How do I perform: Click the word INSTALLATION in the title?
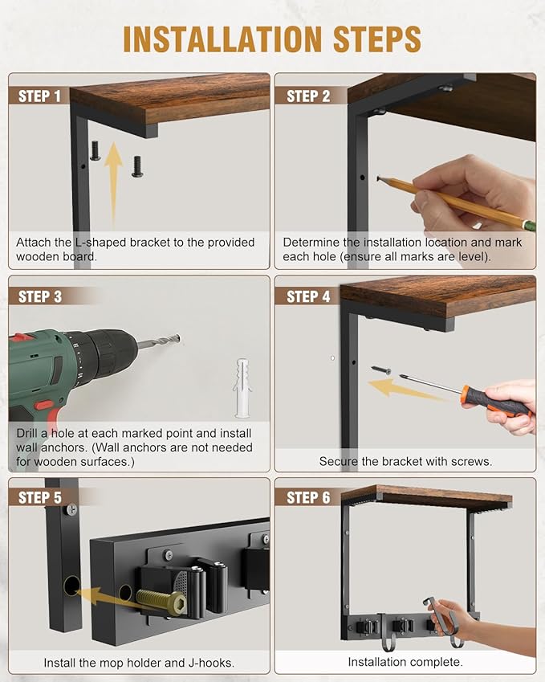point(222,39)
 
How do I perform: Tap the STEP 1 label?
point(39,96)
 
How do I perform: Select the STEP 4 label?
point(308,296)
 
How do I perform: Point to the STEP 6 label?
point(308,497)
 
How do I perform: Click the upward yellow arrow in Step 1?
point(114,182)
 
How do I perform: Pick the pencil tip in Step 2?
point(380,178)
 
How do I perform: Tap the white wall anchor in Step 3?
point(242,388)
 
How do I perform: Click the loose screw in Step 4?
point(381,370)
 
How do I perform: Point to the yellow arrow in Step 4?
point(405,389)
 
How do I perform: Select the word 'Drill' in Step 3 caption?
point(26,433)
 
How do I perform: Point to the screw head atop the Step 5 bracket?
point(71,509)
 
